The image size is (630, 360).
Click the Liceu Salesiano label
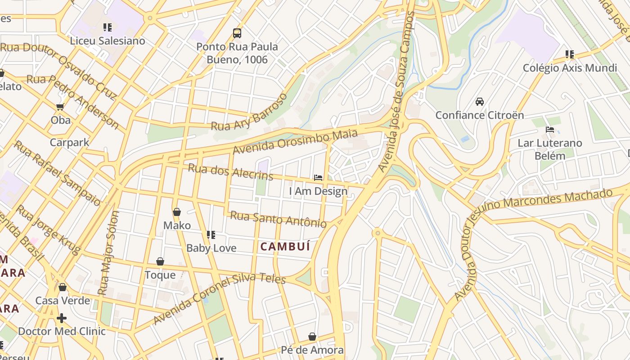click(x=108, y=41)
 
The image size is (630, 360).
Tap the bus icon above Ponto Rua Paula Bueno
click(x=237, y=33)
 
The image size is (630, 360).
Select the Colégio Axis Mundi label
click(x=570, y=68)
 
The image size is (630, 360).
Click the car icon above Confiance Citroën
click(x=480, y=102)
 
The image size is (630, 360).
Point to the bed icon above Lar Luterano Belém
click(x=550, y=130)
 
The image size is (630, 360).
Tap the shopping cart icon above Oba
click(x=60, y=107)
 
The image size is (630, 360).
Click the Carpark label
click(x=69, y=143)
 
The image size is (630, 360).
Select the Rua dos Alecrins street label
click(x=230, y=171)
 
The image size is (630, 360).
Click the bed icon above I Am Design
click(x=318, y=178)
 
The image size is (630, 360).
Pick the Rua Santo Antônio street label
click(x=278, y=219)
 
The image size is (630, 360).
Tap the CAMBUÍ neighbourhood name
click(x=285, y=247)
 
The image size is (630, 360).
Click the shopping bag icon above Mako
click(x=177, y=212)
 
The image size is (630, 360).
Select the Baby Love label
click(x=211, y=248)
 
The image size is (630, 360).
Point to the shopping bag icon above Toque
click(x=160, y=261)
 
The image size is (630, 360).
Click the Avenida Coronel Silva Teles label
click(x=219, y=297)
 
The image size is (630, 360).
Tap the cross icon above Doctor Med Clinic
click(x=62, y=319)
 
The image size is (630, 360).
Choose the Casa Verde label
click(x=63, y=301)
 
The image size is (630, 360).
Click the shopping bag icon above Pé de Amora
click(x=312, y=337)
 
